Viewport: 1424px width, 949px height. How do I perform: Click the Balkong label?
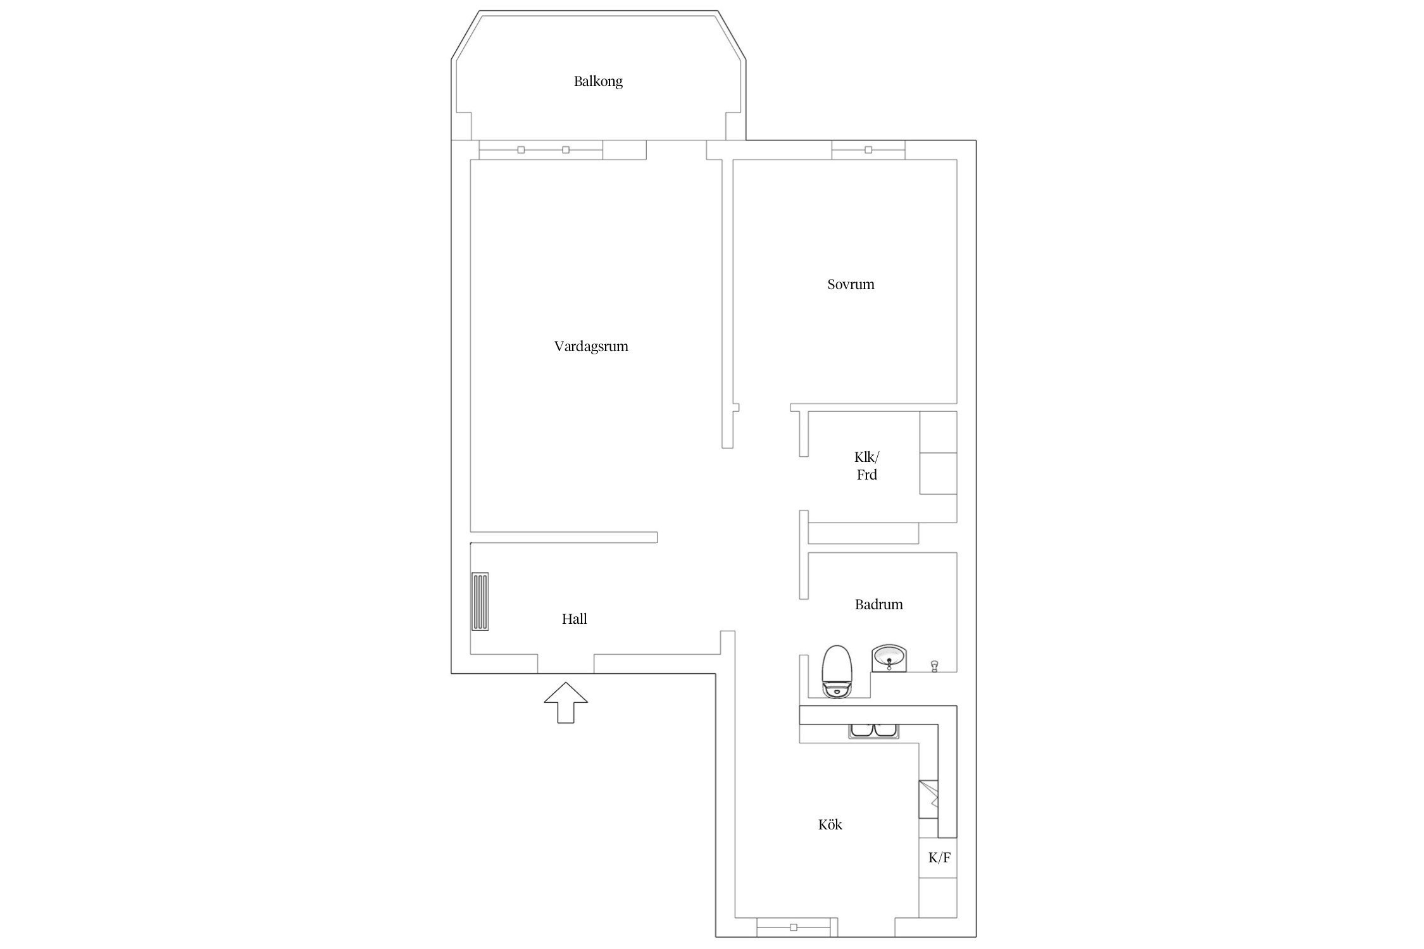pyautogui.click(x=598, y=82)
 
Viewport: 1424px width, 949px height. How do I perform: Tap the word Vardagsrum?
pyautogui.click(x=591, y=346)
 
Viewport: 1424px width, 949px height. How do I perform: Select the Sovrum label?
pyautogui.click(x=851, y=284)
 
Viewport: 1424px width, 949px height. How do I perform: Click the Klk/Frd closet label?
pyautogui.click(x=866, y=466)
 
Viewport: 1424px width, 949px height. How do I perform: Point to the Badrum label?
pyautogui.click(x=878, y=604)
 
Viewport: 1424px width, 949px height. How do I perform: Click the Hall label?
pyautogui.click(x=574, y=619)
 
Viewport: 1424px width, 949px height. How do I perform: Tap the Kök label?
pyautogui.click(x=830, y=824)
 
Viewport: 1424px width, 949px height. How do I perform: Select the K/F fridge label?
pyautogui.click(x=939, y=858)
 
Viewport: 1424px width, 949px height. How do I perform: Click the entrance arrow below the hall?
pyautogui.click(x=566, y=702)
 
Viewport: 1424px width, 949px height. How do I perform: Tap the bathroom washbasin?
pyautogui.click(x=889, y=659)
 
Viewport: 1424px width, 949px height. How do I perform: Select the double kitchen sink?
pyautogui.click(x=874, y=731)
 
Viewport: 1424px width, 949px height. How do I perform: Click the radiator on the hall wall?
pyautogui.click(x=480, y=601)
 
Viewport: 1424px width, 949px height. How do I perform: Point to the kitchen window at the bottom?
pyautogui.click(x=794, y=927)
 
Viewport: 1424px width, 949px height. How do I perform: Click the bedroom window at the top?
pyautogui.click(x=868, y=150)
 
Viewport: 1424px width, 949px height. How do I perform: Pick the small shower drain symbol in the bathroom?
pyautogui.click(x=934, y=666)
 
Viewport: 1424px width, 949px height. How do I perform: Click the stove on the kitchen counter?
pyautogui.click(x=928, y=799)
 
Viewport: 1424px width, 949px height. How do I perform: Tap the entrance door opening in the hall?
pyautogui.click(x=566, y=664)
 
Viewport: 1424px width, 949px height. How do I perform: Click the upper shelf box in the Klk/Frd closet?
pyautogui.click(x=938, y=432)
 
